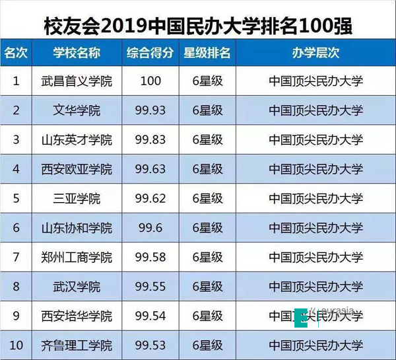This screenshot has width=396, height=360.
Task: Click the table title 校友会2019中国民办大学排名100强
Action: [x=197, y=24]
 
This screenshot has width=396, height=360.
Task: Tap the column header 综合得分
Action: [x=151, y=52]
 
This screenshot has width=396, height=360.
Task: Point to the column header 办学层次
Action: [x=316, y=52]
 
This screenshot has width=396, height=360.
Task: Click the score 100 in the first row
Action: [x=151, y=81]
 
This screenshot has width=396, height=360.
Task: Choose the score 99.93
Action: [x=151, y=110]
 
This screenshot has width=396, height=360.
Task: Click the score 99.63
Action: [x=151, y=169]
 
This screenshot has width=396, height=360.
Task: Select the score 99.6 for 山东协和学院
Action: [x=151, y=228]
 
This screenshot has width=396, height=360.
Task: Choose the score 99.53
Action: [x=151, y=345]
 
